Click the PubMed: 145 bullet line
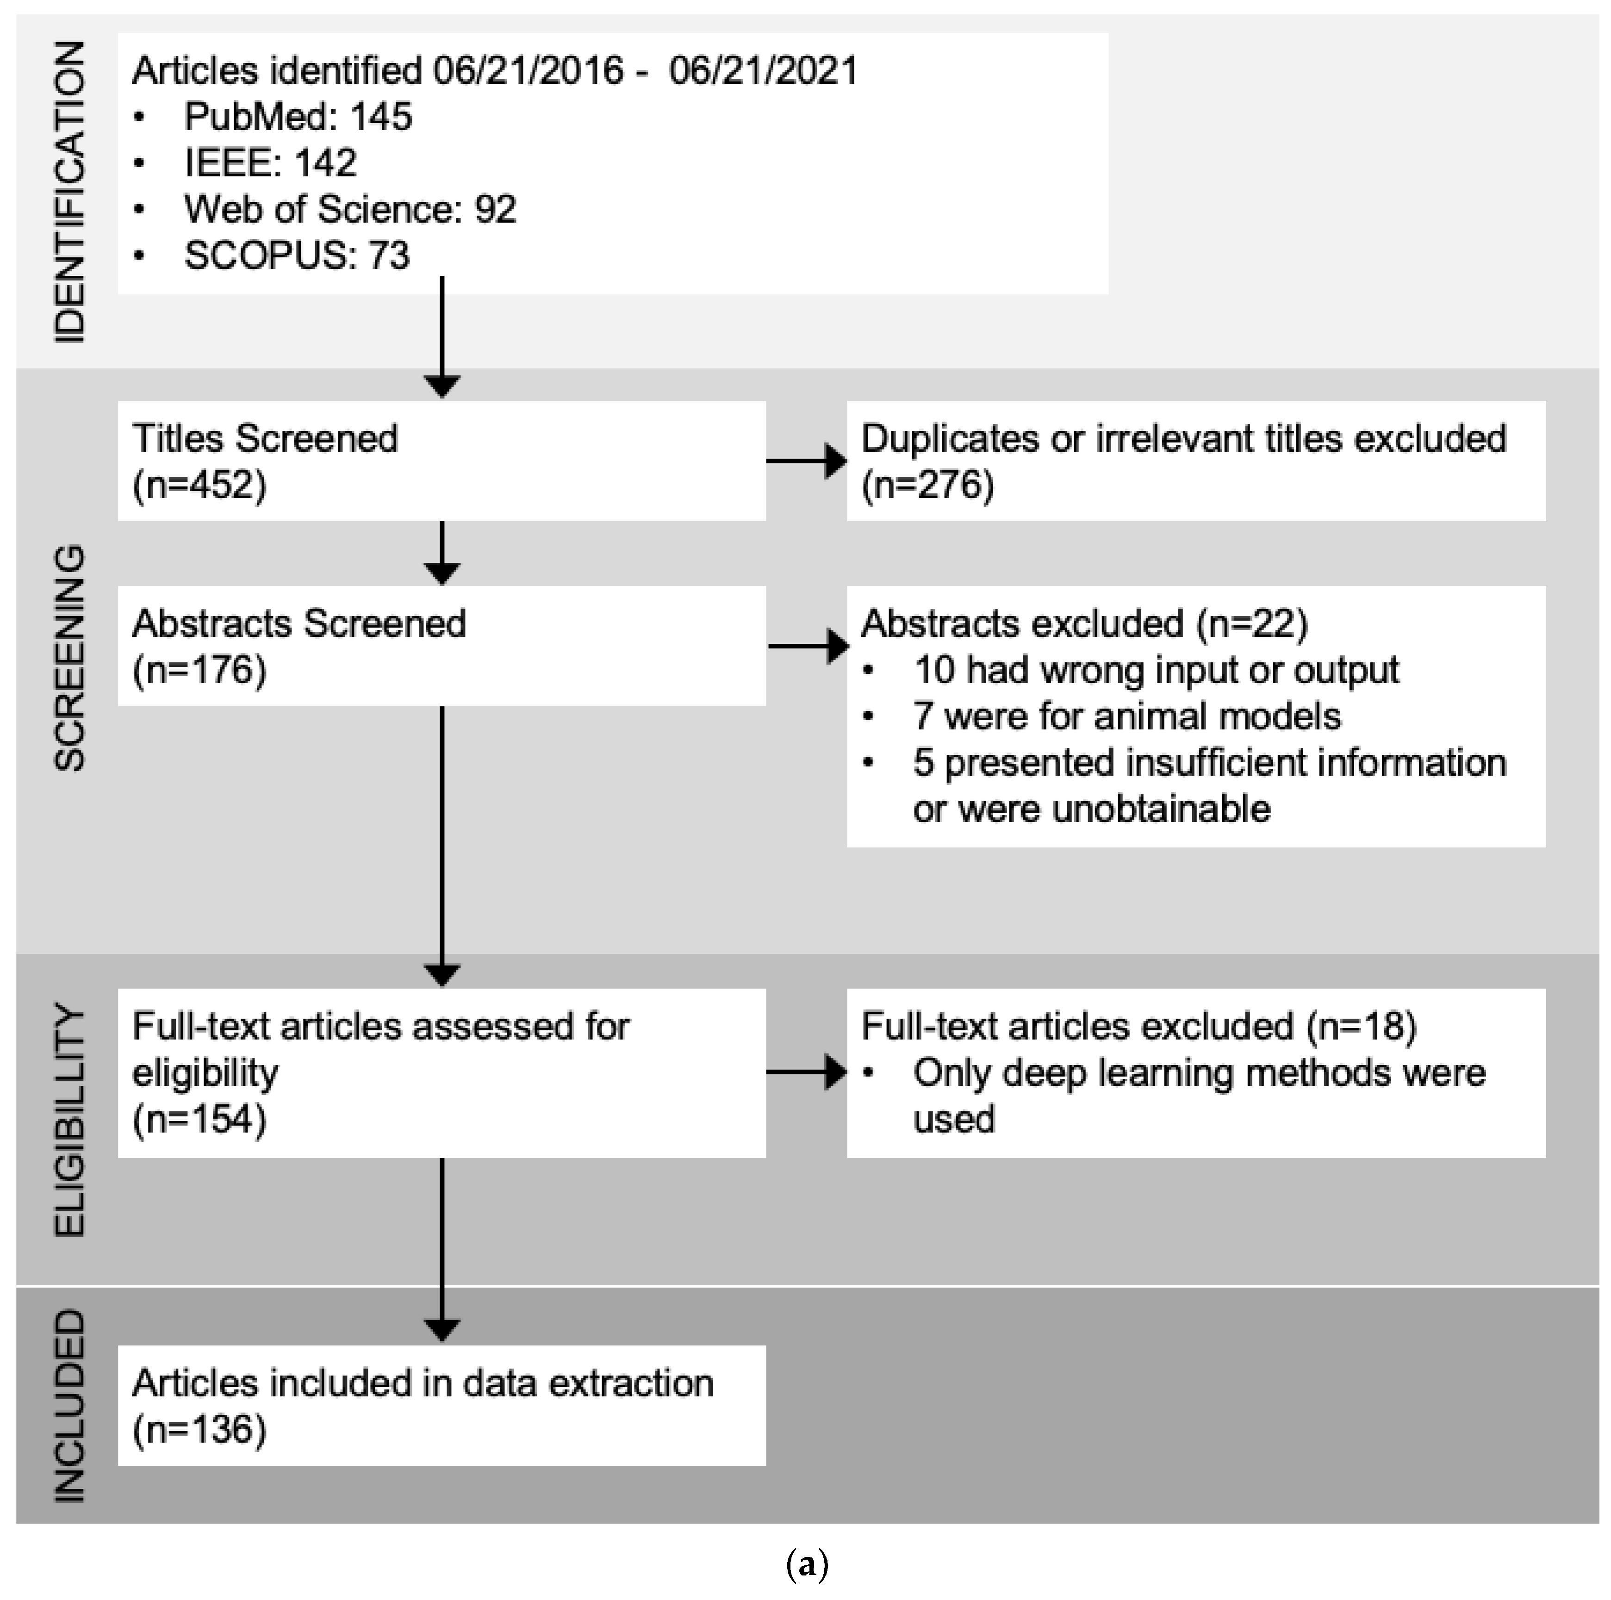pos(298,117)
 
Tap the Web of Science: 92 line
pos(350,209)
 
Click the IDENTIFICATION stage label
pos(69,192)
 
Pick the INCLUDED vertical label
pos(69,1405)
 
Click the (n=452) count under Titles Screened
pos(199,485)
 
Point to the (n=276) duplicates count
pos(927,485)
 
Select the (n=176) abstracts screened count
pos(199,670)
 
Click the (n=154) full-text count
pos(199,1119)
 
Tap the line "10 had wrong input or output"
pos(1156,670)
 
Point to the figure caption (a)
pos(806,1565)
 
